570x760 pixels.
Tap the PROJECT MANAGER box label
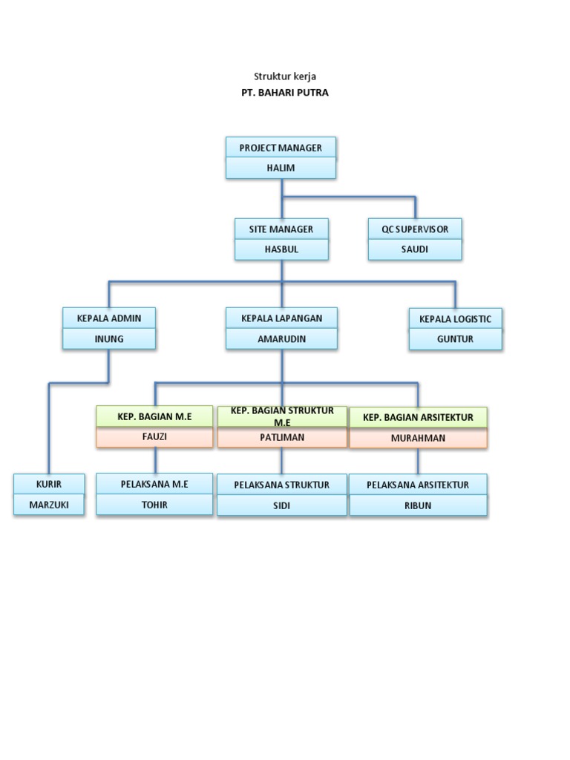point(281,148)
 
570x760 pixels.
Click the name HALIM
point(281,168)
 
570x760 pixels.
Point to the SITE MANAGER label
point(281,229)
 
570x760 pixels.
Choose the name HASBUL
point(281,249)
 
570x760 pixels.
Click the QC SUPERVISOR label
point(415,229)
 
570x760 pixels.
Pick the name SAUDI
point(415,249)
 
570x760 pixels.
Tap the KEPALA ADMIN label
point(109,318)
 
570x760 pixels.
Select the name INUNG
point(109,339)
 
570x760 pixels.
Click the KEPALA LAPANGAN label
point(281,318)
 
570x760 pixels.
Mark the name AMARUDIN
point(281,339)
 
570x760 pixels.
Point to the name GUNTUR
point(455,339)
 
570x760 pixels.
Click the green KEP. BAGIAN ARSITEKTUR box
point(418,418)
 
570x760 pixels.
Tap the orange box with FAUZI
point(154,437)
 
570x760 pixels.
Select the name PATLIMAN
point(281,438)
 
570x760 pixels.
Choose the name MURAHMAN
point(418,439)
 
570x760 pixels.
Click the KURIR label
point(49,484)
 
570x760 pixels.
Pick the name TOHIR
point(154,505)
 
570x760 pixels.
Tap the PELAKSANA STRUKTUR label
point(281,485)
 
